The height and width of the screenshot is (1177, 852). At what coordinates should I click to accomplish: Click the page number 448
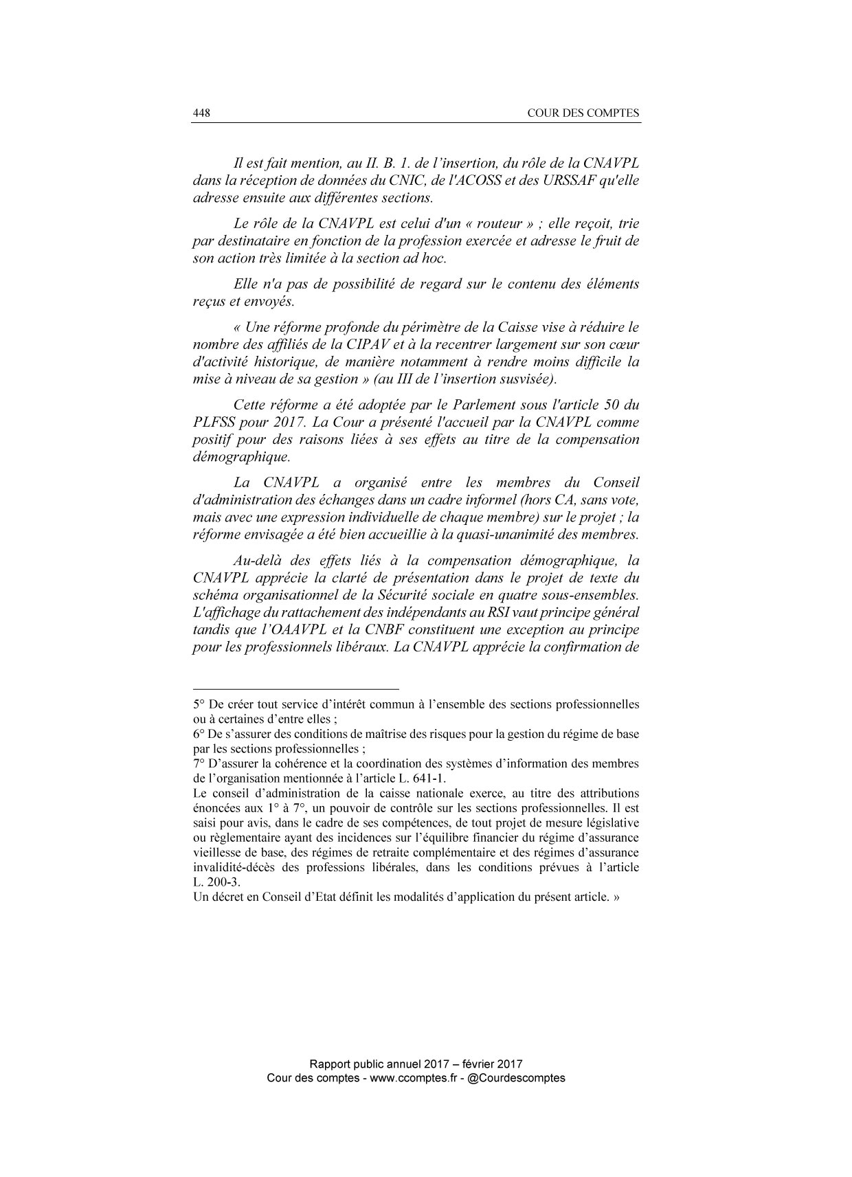click(x=201, y=113)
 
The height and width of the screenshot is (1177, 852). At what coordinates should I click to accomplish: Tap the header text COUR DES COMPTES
click(x=583, y=113)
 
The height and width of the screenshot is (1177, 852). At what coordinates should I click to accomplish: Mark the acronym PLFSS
click(x=214, y=422)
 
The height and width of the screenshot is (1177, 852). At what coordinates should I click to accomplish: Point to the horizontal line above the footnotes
click(x=295, y=688)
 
